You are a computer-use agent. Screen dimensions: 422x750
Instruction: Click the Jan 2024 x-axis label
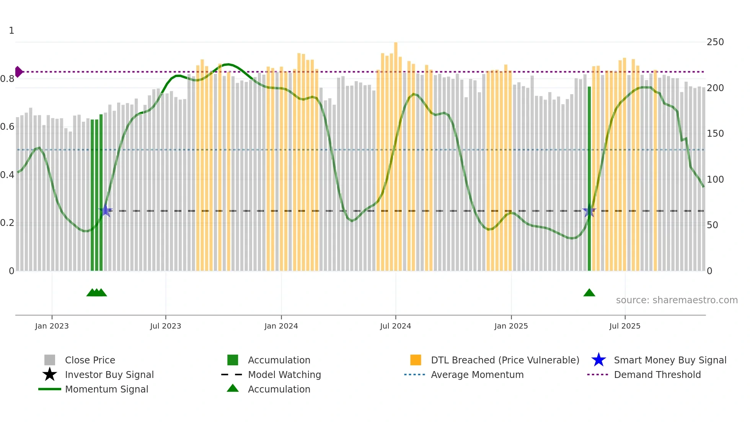tap(281, 326)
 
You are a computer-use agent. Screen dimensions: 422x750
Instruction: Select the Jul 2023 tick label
tap(165, 326)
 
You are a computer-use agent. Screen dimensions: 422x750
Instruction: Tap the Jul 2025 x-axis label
tap(624, 326)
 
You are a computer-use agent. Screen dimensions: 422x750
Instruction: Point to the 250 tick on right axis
tap(715, 42)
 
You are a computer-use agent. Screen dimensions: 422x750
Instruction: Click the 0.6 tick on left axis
tap(7, 127)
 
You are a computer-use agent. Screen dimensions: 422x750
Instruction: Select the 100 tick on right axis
tap(715, 179)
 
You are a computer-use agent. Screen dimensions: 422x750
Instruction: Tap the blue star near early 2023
tap(106, 211)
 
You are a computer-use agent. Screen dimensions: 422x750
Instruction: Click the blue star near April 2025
tap(589, 211)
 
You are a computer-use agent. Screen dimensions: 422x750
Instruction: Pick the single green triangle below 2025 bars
tap(589, 293)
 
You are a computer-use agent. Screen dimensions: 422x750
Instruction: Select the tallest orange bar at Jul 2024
tap(396, 153)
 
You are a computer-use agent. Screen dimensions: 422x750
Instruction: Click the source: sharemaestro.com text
tap(677, 300)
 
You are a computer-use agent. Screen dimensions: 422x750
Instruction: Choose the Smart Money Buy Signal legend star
tap(598, 360)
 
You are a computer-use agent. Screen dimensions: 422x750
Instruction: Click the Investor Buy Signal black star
tap(50, 375)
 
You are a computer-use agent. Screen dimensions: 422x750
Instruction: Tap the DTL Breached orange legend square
tap(416, 360)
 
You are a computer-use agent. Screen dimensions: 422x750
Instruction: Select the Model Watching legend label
tap(284, 375)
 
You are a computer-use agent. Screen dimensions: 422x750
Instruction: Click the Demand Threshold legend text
tap(657, 375)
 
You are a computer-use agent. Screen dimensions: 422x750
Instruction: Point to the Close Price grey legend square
tap(50, 360)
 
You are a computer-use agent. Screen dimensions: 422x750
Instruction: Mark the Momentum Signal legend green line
tap(50, 389)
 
